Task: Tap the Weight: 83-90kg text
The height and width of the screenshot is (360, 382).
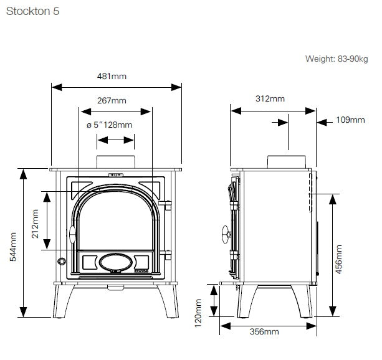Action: [337, 59]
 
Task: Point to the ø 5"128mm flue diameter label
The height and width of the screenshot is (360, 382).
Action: [110, 125]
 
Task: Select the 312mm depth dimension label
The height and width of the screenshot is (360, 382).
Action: [270, 99]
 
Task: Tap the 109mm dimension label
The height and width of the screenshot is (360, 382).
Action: [350, 120]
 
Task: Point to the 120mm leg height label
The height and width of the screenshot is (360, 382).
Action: [199, 312]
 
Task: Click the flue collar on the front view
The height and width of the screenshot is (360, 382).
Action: [115, 160]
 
